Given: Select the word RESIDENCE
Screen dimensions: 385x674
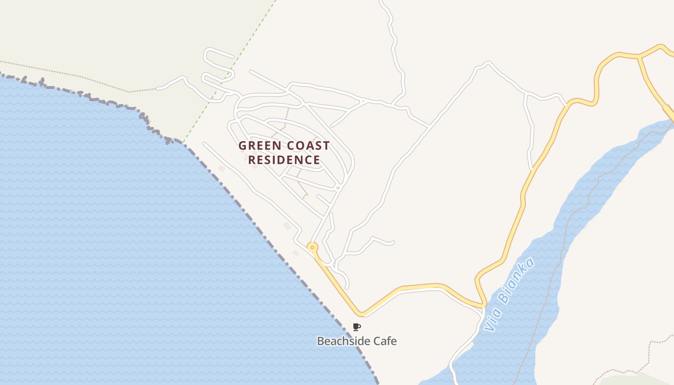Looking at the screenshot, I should click(x=284, y=160).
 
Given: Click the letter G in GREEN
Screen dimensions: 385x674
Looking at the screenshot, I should click(x=243, y=145).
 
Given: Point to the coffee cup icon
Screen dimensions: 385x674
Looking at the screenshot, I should click(x=356, y=327).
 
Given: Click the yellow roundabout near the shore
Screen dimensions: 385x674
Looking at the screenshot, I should click(x=312, y=248).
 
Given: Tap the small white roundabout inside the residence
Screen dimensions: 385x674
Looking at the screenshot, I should click(x=338, y=187).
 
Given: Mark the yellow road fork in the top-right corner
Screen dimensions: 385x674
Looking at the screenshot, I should click(x=640, y=57).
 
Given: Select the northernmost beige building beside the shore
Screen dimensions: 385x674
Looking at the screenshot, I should click(x=221, y=168).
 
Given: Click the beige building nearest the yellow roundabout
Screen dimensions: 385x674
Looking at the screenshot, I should click(x=296, y=253).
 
